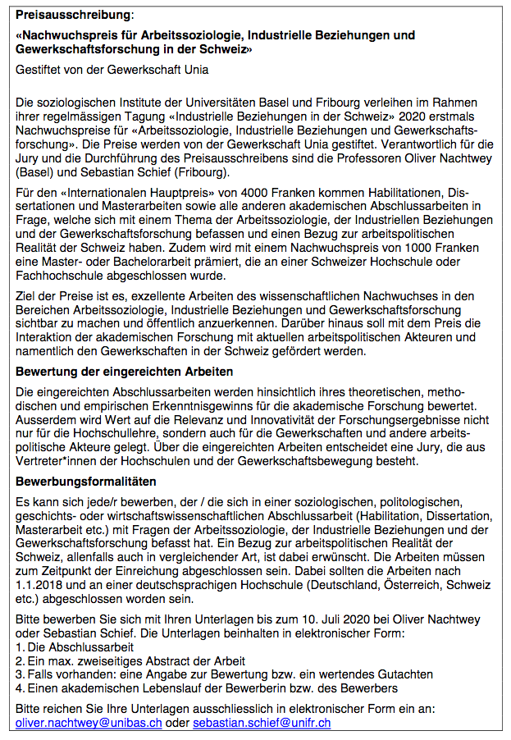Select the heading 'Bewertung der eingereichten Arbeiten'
125,372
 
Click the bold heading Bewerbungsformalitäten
86,481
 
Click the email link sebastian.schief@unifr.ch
262,723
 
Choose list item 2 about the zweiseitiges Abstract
131,661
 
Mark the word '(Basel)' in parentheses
37,172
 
